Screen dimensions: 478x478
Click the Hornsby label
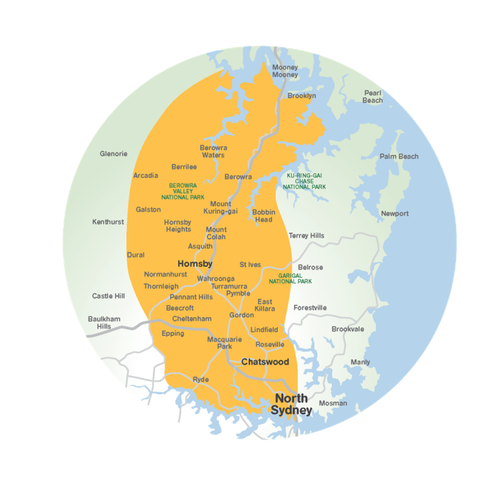pyautogui.click(x=195, y=264)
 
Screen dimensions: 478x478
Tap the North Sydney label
pyautogui.click(x=291, y=404)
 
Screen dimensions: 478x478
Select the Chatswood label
pyautogui.click(x=265, y=362)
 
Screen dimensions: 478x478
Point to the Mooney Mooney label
pyautogui.click(x=285, y=71)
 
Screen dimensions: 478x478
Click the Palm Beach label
pyautogui.click(x=399, y=157)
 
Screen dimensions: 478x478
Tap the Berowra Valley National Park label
pyautogui.click(x=183, y=191)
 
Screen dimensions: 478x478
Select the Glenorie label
pyautogui.click(x=113, y=153)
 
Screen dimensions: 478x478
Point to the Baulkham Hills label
pyautogui.click(x=104, y=323)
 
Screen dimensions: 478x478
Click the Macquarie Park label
pyautogui.click(x=224, y=343)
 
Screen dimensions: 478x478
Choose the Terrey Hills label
pyautogui.click(x=306, y=235)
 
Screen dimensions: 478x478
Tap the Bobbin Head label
pyautogui.click(x=264, y=216)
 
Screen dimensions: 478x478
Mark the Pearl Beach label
pyautogui.click(x=373, y=96)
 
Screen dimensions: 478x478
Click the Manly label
pyautogui.click(x=360, y=362)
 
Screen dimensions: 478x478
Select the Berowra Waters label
pyautogui.click(x=213, y=151)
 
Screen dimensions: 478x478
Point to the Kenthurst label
pyautogui.click(x=108, y=222)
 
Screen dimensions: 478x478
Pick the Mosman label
pyautogui.click(x=333, y=403)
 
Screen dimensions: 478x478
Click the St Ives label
pyautogui.click(x=250, y=265)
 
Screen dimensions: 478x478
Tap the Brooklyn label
pyautogui.click(x=302, y=96)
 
